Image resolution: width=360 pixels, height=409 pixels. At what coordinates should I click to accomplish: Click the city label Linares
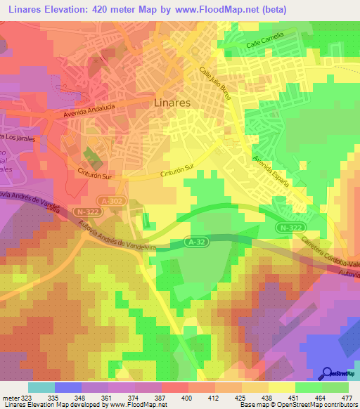click(x=172, y=103)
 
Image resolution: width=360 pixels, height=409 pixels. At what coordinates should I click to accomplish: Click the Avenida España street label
click(x=271, y=169)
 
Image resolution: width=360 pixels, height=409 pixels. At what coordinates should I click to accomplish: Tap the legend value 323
click(x=25, y=398)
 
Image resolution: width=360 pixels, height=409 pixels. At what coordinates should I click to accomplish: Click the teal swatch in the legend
click(x=41, y=387)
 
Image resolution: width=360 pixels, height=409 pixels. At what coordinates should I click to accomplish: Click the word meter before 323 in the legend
click(x=10, y=398)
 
